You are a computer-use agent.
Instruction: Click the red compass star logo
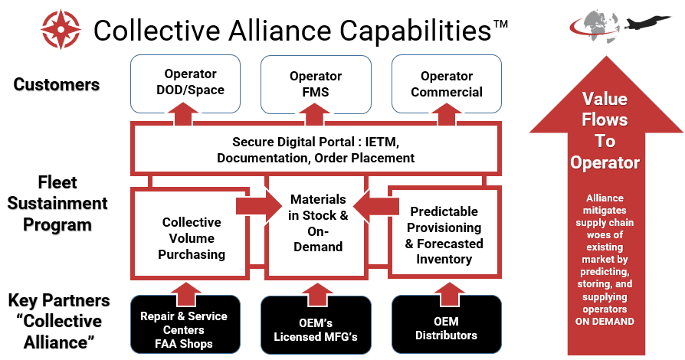coord(61,30)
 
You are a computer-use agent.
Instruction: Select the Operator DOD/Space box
coord(190,83)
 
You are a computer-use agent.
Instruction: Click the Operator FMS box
coord(316,83)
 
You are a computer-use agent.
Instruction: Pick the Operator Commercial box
coord(446,83)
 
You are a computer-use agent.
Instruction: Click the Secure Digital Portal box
coord(316,150)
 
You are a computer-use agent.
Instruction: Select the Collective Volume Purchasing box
coord(191,237)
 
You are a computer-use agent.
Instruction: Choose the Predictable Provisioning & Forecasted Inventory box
coord(444,234)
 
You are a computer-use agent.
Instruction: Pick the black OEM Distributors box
coord(446,328)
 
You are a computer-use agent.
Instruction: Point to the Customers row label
coord(57,84)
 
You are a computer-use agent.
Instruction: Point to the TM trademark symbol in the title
coord(500,24)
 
